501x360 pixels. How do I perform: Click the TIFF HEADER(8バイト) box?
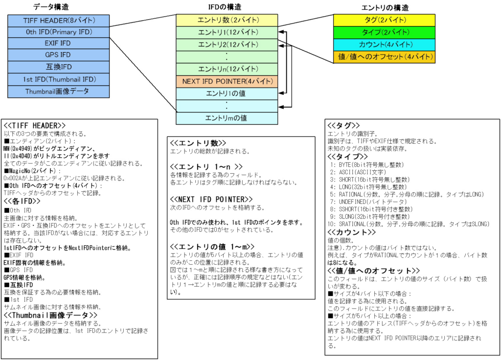pyautogui.click(x=59, y=21)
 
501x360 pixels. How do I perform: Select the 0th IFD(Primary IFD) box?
pyautogui.click(x=59, y=32)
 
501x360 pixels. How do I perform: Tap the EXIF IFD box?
pyautogui.click(x=59, y=44)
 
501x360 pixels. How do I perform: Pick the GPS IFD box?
pyautogui.click(x=59, y=55)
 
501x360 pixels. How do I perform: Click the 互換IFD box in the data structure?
pyautogui.click(x=59, y=67)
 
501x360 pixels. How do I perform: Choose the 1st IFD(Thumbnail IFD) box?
pyautogui.click(x=59, y=79)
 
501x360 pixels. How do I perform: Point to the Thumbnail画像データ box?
pyautogui.click(x=59, y=91)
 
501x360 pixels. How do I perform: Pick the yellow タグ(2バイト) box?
pyautogui.click(x=385, y=20)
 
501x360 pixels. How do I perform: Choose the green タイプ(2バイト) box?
pyautogui.click(x=385, y=32)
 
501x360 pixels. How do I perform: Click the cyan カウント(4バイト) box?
pyautogui.click(x=385, y=45)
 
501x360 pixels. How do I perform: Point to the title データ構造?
pyautogui.click(x=50, y=7)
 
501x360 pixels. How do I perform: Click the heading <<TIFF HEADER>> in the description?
pyautogui.click(x=35, y=125)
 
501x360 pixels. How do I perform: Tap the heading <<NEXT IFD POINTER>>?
pyautogui.click(x=211, y=199)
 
